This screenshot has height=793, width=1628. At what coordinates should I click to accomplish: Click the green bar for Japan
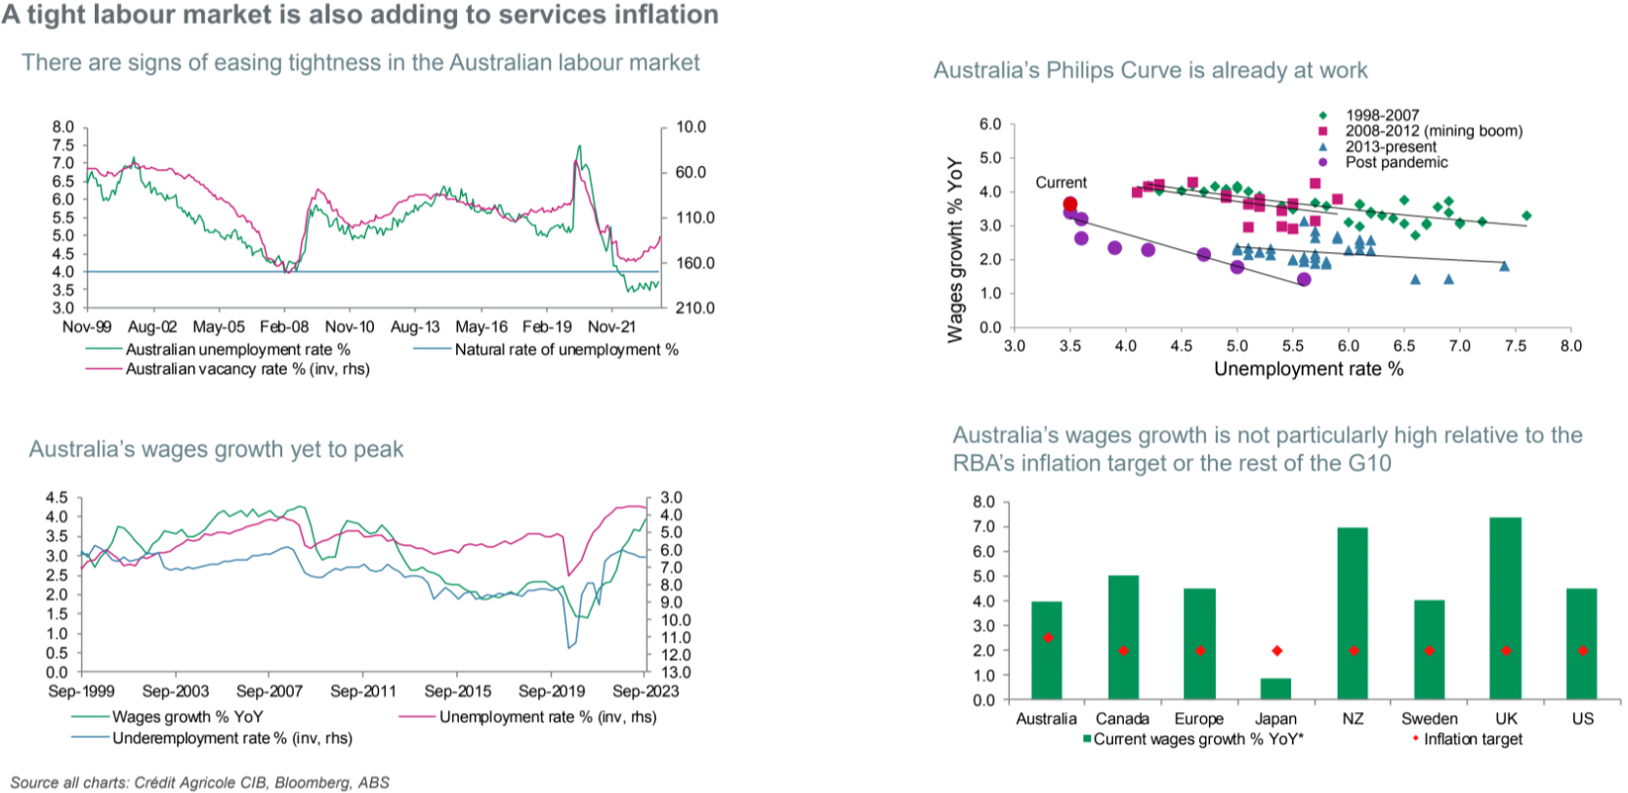[1275, 689]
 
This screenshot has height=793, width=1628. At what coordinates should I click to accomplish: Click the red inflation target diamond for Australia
[1048, 638]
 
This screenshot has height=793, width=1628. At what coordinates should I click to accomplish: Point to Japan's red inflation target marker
[1276, 650]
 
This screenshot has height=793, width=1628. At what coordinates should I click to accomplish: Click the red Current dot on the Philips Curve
[1070, 204]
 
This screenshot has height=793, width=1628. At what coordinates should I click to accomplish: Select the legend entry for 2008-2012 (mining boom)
[1433, 131]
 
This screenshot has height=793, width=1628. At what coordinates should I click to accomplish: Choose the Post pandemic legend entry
[1396, 162]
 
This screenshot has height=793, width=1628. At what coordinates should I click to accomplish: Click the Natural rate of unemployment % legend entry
[565, 349]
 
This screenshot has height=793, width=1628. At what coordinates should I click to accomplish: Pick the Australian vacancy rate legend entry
[247, 369]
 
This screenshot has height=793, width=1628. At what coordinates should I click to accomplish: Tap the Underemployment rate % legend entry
[231, 738]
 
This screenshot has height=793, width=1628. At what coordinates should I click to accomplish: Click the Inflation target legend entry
[1472, 739]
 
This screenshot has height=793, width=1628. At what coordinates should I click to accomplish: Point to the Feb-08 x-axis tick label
[284, 327]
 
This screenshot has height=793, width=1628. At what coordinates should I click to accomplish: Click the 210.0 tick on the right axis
[695, 308]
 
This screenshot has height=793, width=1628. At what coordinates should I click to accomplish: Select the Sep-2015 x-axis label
[458, 691]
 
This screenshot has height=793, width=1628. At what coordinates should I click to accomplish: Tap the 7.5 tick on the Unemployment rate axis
[1516, 346]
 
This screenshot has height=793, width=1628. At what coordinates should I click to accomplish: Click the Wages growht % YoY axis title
[955, 249]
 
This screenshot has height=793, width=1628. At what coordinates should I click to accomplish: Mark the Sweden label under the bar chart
[1429, 719]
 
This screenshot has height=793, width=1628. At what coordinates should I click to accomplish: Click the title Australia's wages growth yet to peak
[216, 449]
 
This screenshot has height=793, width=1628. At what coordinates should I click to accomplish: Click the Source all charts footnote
[199, 782]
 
